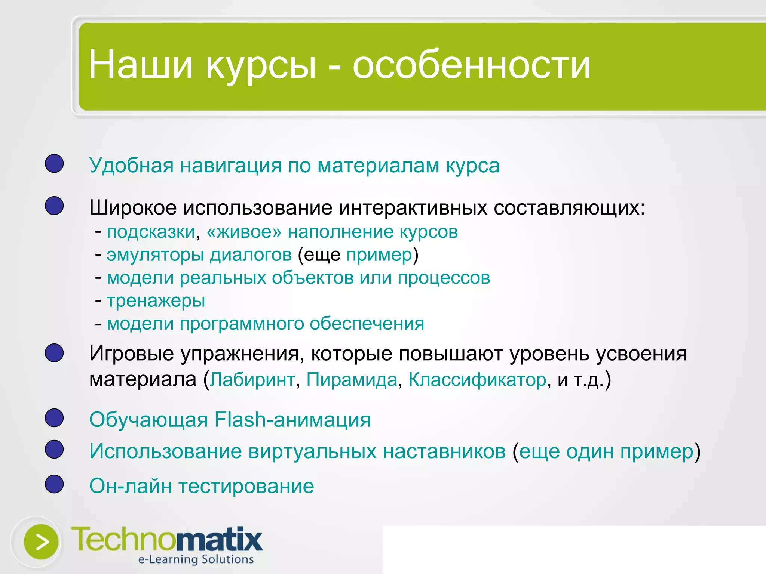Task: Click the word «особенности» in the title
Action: tap(471, 65)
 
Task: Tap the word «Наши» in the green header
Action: tap(140, 65)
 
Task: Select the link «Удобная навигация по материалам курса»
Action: tap(294, 166)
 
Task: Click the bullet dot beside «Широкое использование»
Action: tap(54, 206)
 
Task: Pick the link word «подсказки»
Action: tap(151, 232)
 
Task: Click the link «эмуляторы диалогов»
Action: tap(199, 255)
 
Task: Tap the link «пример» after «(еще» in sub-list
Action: tap(379, 255)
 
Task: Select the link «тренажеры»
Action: tap(156, 300)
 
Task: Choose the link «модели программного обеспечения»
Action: tap(266, 324)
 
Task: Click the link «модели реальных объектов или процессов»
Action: tap(298, 278)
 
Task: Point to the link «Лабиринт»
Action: tap(252, 380)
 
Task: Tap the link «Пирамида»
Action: tap(352, 380)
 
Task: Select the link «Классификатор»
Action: tap(477, 380)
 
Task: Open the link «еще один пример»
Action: tap(606, 451)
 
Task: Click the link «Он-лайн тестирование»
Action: tap(202, 486)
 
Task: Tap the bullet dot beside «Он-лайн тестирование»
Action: tap(54, 484)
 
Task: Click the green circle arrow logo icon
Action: tap(41, 542)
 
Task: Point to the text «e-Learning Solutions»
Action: tap(196, 559)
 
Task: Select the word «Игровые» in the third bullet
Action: tap(131, 354)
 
